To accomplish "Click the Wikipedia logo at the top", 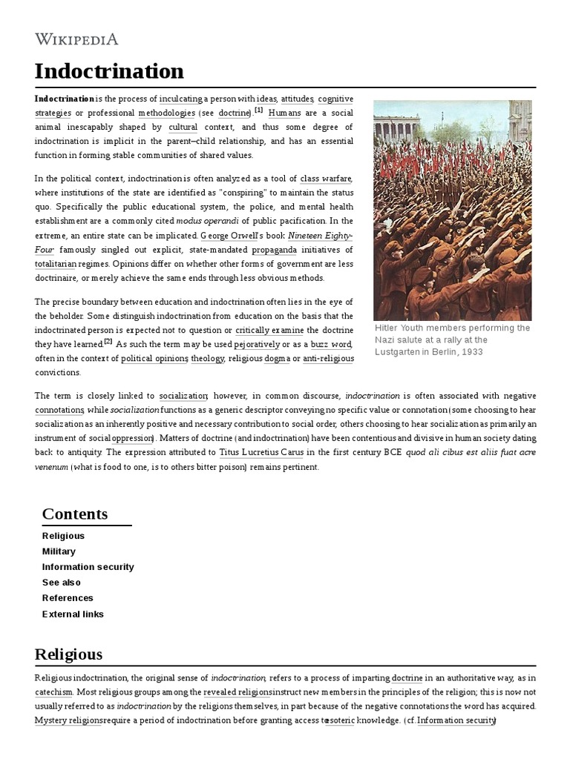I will click(76, 39).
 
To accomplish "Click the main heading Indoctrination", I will click(109, 71).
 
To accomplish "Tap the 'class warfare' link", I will click(326, 179).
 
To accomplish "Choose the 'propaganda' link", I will click(274, 250).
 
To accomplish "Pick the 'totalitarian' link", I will click(62, 264).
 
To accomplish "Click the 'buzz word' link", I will click(331, 345).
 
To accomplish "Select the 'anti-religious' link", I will click(328, 359).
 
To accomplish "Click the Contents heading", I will click(75, 514).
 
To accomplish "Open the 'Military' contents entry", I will click(59, 551).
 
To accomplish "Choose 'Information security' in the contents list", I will click(88, 567).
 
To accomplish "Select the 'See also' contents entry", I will click(62, 583).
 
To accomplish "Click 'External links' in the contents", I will click(73, 614).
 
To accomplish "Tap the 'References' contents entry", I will click(68, 598).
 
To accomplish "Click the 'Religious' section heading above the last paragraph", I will click(68, 654).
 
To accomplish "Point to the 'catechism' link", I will click(53, 692).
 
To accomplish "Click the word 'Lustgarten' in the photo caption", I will click(402, 351).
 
